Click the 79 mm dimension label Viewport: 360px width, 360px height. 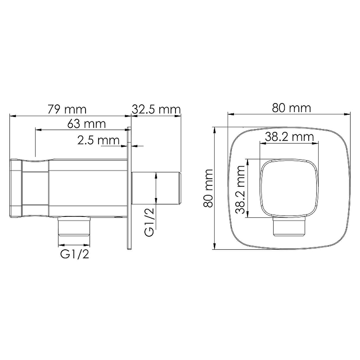click(67, 109)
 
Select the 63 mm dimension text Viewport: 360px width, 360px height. click(86, 124)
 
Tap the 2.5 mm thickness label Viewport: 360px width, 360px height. click(99, 140)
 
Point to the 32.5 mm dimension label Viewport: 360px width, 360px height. click(156, 109)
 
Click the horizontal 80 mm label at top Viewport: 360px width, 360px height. click(291, 108)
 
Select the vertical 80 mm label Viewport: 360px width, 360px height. click(209, 188)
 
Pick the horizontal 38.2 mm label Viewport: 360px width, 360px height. click(289, 137)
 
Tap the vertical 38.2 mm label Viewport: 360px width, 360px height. click(241, 189)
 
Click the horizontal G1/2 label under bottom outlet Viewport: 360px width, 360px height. click(75, 254)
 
